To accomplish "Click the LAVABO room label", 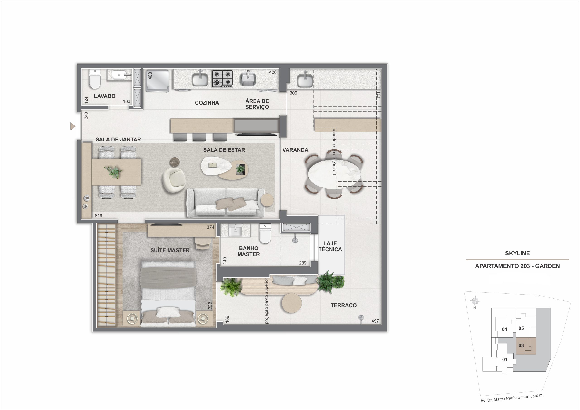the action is (105, 96).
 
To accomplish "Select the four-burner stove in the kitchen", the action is (222, 79).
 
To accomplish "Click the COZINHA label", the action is (207, 103).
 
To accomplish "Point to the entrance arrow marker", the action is (73, 126).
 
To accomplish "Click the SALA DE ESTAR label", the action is (224, 150).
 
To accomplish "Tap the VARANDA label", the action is (295, 150).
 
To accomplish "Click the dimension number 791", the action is (378, 95).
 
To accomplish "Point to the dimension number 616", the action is (98, 216).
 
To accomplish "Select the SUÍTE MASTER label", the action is (170, 250).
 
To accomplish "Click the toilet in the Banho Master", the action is (265, 234).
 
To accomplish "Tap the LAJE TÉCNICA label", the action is (330, 246).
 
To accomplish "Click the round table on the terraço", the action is (292, 303).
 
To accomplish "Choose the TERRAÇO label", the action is (343, 305).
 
